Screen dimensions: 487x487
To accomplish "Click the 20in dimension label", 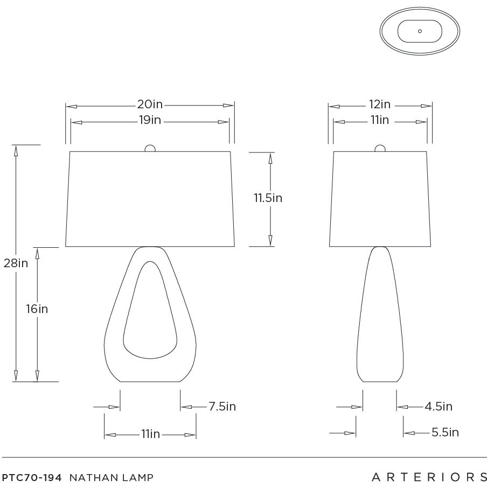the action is [x=150, y=104].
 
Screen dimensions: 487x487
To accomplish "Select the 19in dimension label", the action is [x=150, y=120].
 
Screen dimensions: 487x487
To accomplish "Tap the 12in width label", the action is [x=380, y=104].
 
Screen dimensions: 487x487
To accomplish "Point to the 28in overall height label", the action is [x=16, y=263].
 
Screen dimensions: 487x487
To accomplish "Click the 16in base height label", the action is [x=37, y=309].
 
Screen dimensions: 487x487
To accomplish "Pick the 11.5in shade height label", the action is [x=268, y=198].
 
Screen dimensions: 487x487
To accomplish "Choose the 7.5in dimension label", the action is [x=222, y=406].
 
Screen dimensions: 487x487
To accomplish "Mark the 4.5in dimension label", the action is [x=438, y=406].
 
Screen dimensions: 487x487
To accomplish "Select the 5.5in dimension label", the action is [x=445, y=432].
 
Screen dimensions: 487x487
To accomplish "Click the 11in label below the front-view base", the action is [x=151, y=434].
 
